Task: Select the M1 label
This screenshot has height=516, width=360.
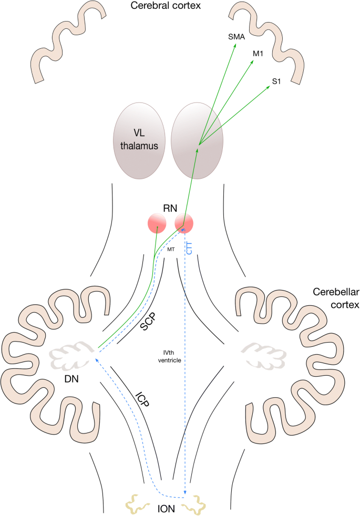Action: click(x=259, y=54)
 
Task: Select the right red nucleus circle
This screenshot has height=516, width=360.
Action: click(x=184, y=223)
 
